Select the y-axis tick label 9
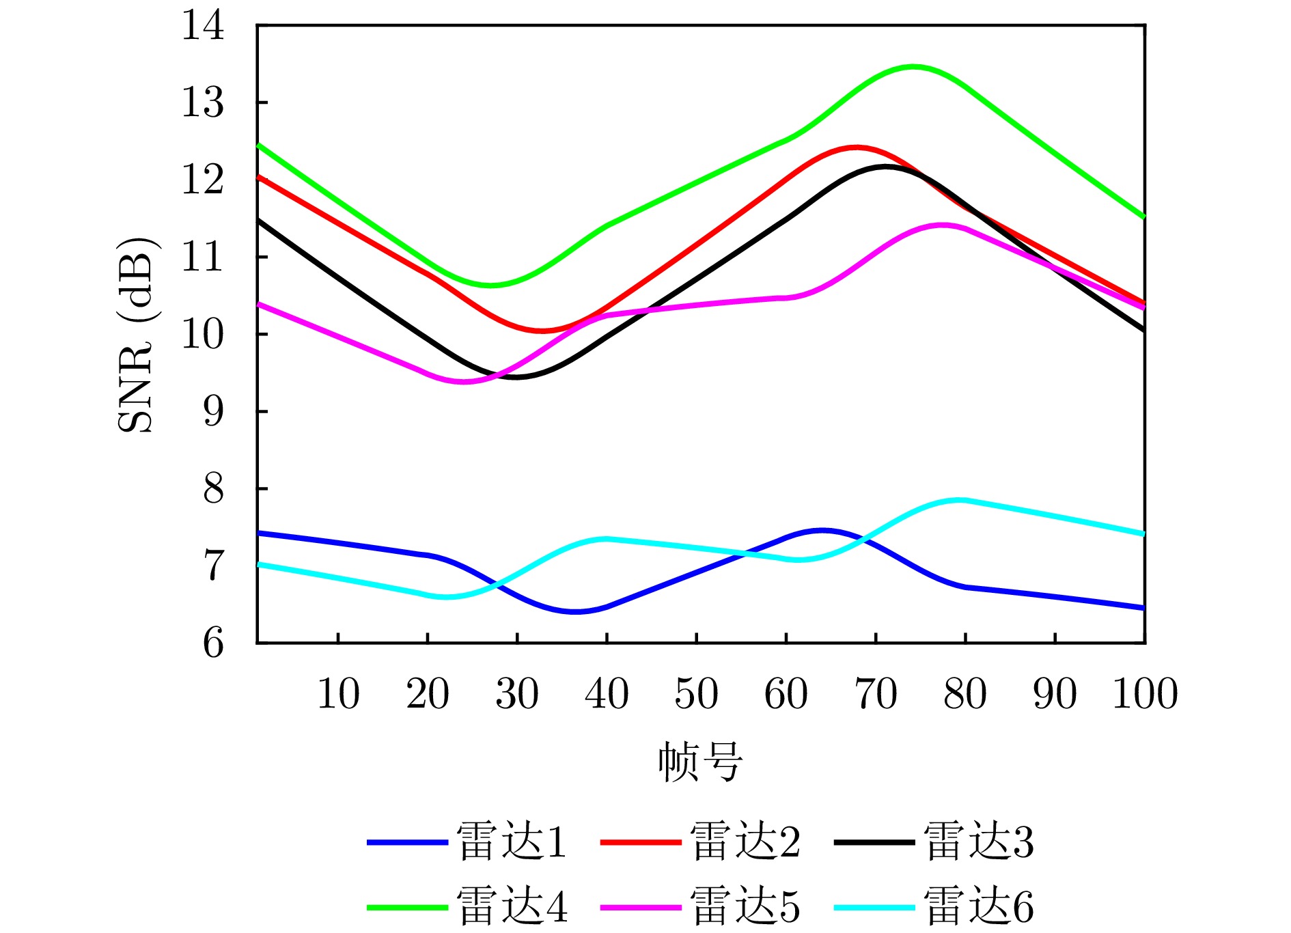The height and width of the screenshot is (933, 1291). pos(213,412)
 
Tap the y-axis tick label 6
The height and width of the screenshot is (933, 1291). pos(213,643)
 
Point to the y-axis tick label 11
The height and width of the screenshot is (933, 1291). pos(203,257)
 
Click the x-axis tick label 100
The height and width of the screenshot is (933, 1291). pos(1145,694)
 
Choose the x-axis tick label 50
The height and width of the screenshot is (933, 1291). pos(696,694)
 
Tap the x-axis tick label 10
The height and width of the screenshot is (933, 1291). pos(338,694)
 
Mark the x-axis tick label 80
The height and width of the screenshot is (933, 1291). pos(965,694)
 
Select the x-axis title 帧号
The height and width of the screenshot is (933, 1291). pos(700,762)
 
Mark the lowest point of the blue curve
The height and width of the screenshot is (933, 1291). pos(574,612)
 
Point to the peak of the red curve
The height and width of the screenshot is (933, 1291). pos(856,147)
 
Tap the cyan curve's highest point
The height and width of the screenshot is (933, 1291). pos(959,500)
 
